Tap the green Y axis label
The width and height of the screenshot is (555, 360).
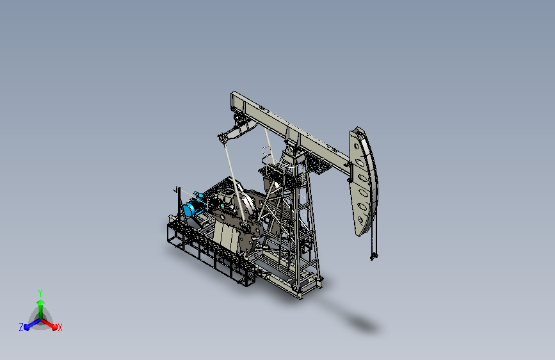click(40, 293)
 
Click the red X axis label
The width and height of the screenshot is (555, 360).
click(60, 328)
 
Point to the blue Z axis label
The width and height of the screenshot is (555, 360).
click(21, 327)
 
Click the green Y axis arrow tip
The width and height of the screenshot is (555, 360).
click(40, 302)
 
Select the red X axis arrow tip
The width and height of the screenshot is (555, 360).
click(54, 327)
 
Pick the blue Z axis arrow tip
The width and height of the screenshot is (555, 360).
click(26, 327)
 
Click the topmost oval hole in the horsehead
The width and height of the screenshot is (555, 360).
click(357, 146)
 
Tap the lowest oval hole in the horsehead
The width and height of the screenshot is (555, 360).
click(360, 220)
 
